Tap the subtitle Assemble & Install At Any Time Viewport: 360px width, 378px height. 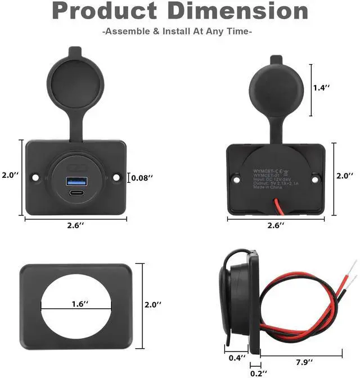tap(177, 31)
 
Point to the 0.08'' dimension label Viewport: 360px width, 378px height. tap(142, 178)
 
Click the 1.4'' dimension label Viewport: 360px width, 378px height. tap(322, 87)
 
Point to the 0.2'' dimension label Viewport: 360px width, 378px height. tap(256, 372)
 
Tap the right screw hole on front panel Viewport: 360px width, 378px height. tap(117, 177)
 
